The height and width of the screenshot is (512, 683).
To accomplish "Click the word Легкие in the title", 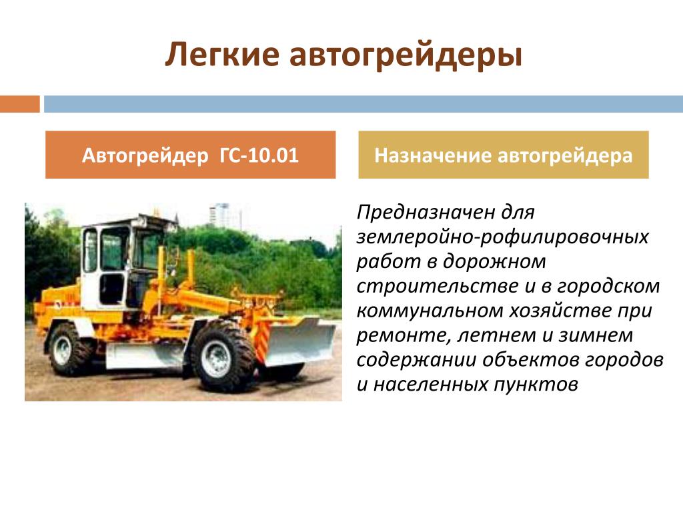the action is pos(222,55).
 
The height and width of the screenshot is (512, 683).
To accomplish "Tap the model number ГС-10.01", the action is pos(259,155).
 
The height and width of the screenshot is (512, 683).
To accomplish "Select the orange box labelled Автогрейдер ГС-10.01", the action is pos(190,155).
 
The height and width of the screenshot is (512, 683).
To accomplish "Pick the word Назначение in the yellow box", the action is pos(432,155).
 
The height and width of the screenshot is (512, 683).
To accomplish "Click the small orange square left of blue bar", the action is pos(19,104).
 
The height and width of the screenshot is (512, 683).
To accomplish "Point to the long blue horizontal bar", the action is pos(364,104).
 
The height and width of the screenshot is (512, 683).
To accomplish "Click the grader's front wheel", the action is pos(223,357).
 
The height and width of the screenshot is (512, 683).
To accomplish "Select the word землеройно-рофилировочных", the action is pos(503,237).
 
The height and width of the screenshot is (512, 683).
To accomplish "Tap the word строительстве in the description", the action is pos(438,286).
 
